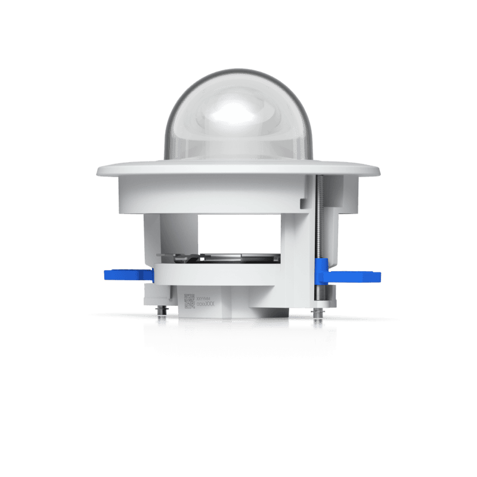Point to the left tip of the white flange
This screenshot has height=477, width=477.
(x=99, y=172)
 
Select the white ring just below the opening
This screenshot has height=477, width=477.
(x=238, y=271)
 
